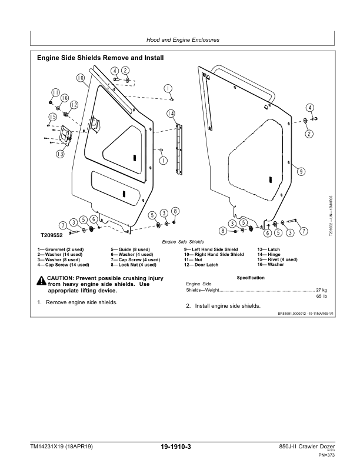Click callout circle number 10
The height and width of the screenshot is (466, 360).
[80, 77]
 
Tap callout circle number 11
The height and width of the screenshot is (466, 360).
[55, 92]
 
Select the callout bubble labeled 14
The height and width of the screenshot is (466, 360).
[171, 114]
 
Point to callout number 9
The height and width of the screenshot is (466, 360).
[301, 171]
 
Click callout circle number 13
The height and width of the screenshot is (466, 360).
[60, 154]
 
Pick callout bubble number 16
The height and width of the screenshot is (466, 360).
[64, 98]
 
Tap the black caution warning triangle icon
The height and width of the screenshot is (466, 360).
[42, 279]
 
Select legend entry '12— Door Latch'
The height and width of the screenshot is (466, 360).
[202, 265]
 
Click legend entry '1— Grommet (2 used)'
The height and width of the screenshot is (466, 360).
[60, 250]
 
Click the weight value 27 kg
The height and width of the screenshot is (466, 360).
[321, 291]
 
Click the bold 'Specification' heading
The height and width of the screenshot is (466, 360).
[251, 277]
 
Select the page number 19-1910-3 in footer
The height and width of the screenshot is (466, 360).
[179, 448]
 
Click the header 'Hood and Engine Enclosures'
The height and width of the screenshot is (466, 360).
[180, 40]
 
